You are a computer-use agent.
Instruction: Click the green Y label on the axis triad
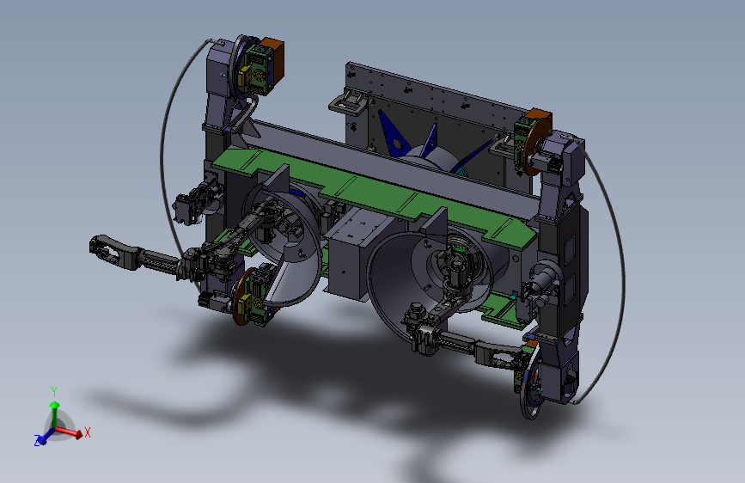pos(54,392)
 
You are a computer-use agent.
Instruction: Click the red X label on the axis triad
pos(88,432)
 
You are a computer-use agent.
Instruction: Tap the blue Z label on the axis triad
pos(37,440)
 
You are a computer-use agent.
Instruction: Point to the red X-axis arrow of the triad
pos(69,431)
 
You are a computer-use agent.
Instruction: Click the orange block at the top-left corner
pos(274,62)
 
